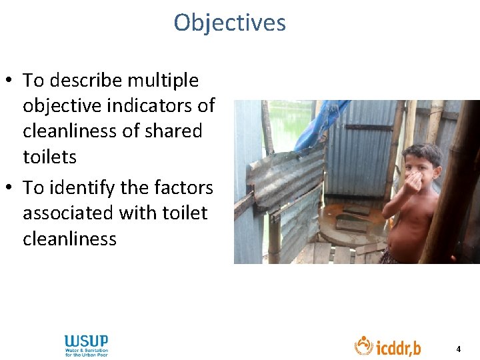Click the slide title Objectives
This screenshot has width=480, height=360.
(229, 23)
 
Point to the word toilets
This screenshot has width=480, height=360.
(49, 157)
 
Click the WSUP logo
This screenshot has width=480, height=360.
(86, 345)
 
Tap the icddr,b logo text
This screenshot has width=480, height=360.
(398, 347)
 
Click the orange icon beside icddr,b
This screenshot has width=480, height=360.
(363, 345)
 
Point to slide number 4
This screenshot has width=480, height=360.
(458, 349)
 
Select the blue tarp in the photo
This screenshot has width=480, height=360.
(320, 123)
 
